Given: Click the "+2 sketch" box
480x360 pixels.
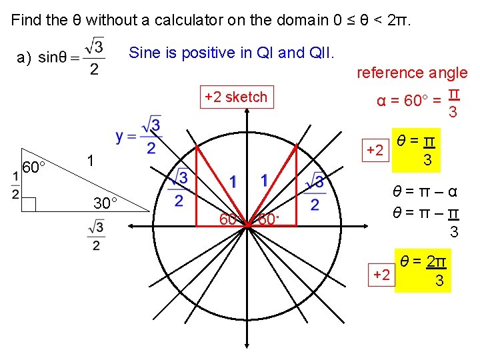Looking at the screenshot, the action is [x=235, y=97].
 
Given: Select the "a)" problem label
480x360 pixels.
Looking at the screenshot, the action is [x=24, y=57].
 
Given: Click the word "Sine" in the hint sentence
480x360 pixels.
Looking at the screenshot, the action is [x=144, y=52].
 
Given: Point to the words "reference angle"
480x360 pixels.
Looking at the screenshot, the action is [x=412, y=73].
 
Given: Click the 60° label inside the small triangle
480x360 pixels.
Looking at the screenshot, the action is [x=33, y=167].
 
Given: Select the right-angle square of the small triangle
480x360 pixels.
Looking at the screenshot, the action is [x=29, y=204].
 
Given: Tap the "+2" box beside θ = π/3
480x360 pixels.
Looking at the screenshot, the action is [x=374, y=150].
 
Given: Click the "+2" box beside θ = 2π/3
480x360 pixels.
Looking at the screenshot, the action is [x=382, y=273].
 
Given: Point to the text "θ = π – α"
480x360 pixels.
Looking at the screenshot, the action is [x=424, y=193].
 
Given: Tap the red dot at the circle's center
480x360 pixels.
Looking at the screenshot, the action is [x=247, y=227].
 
